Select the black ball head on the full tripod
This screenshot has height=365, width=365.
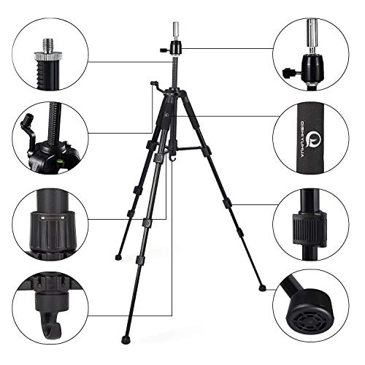point(175,50)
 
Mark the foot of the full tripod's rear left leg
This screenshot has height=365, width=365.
point(117,258)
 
